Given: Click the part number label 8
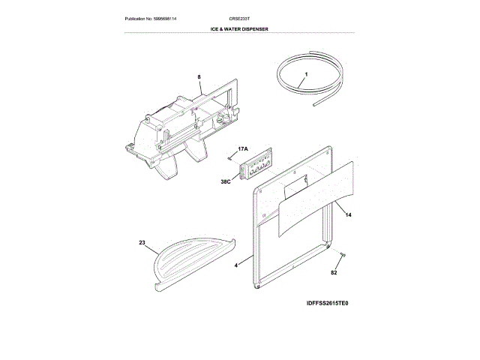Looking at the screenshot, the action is tap(200, 76).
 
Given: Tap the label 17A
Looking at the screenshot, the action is tap(242, 150).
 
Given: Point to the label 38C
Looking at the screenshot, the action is tap(226, 181).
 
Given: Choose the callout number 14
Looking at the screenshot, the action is tap(349, 215).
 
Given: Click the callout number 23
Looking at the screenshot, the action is tap(142, 242).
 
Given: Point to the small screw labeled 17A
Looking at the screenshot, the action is tap(229, 158).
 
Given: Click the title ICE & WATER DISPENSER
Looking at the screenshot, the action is tap(239, 28).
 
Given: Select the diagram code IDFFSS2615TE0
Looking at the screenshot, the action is tap(328, 304).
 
